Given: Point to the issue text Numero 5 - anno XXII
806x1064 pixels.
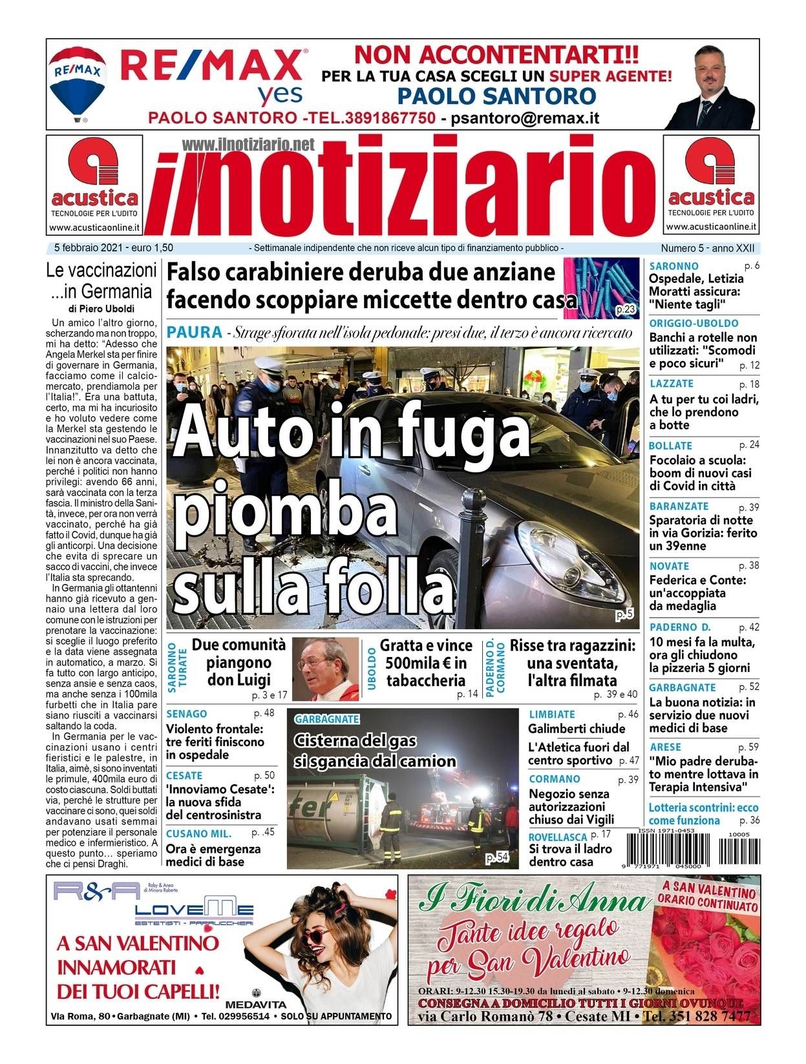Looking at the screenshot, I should pyautogui.click(x=707, y=247).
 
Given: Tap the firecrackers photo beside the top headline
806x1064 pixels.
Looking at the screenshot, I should pyautogui.click(x=601, y=288).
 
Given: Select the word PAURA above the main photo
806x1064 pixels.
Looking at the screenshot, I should pyautogui.click(x=194, y=333).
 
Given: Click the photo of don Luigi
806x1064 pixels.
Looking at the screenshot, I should pyautogui.click(x=325, y=669).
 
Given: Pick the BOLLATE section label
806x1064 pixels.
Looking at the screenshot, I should pyautogui.click(x=670, y=446).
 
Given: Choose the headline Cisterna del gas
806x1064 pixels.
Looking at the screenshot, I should pyautogui.click(x=355, y=740).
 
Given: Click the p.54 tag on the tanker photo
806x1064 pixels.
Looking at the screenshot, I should pyautogui.click(x=497, y=857).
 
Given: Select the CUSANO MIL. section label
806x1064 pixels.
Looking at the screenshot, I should pyautogui.click(x=198, y=833).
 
